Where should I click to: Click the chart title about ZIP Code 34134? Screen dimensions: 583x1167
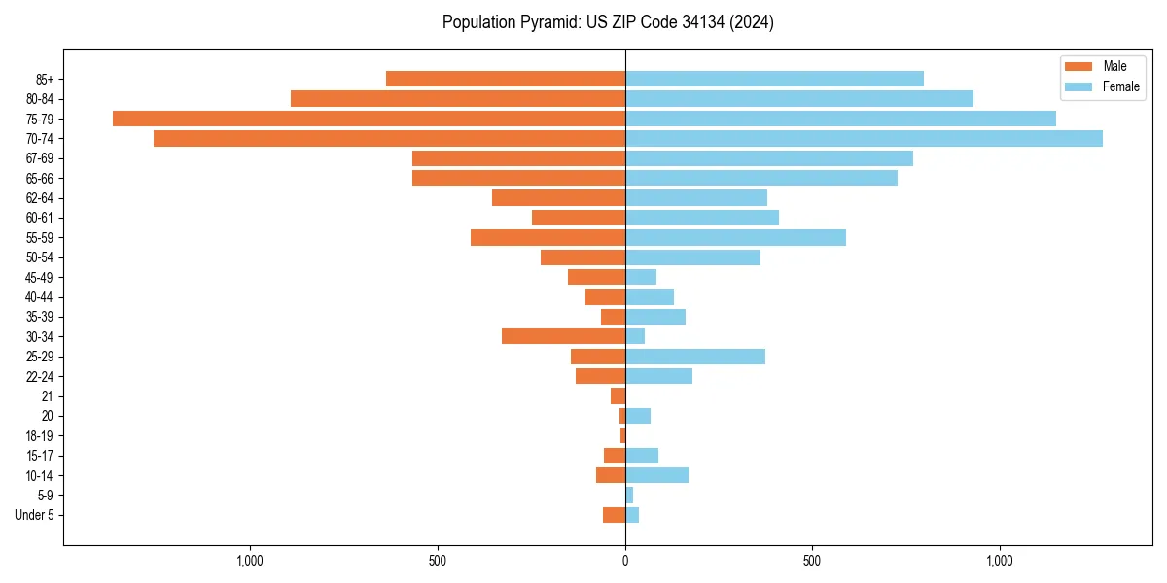coord(608,22)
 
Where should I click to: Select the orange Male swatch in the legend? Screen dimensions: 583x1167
coord(1079,66)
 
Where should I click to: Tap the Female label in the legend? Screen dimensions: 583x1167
coord(1120,86)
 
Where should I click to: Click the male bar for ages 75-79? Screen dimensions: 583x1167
coord(369,119)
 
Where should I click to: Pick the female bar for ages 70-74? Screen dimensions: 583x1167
coord(864,139)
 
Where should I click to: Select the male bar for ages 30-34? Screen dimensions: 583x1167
coord(563,336)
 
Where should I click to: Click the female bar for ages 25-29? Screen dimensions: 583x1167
coord(695,357)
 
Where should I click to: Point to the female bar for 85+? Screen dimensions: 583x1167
coord(774,79)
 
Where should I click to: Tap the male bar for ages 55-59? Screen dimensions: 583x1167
coord(548,237)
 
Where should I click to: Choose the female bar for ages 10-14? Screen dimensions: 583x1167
coord(656,475)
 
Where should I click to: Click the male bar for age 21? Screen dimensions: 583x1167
coord(618,396)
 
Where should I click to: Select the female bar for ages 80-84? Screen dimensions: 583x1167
coord(799,99)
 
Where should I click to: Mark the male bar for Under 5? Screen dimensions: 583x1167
coord(614,515)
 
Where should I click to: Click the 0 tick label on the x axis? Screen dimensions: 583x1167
coord(625,561)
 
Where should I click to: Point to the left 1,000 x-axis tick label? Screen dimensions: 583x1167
coord(250,561)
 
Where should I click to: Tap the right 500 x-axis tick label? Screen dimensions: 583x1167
coord(812,561)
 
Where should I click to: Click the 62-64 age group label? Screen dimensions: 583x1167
coord(40,198)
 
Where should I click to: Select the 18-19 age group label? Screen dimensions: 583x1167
coord(40,435)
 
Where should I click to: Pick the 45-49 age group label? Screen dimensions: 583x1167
coord(40,277)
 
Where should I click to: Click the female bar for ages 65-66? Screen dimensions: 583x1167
coord(761,178)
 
